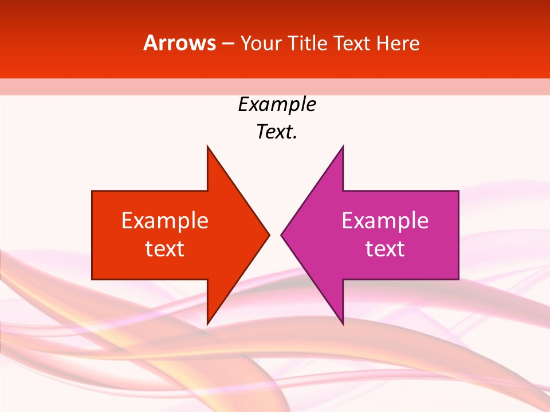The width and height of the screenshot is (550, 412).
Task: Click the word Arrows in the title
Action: tap(179, 43)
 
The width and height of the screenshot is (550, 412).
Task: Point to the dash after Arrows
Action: tap(227, 43)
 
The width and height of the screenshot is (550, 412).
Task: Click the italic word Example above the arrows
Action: tap(277, 105)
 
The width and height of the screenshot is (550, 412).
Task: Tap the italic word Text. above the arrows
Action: tap(277, 132)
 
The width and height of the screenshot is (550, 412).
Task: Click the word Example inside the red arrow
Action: tap(165, 221)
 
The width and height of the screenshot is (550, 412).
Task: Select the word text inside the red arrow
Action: tap(165, 249)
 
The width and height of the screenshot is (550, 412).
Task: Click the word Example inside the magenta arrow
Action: tap(385, 221)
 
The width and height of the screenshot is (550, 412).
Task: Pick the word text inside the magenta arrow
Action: tap(385, 249)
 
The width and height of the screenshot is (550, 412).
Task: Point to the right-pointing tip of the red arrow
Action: tap(269, 235)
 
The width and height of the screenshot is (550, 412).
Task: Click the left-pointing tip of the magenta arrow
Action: tap(281, 235)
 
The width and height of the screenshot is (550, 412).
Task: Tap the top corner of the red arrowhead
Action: tap(207, 146)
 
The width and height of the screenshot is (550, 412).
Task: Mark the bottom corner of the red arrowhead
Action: tap(207, 324)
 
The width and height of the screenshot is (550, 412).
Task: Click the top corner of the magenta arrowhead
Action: tap(343, 146)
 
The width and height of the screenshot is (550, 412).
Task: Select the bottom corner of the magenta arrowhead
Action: tap(343, 324)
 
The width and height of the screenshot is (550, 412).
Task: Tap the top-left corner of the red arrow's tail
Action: tap(92, 191)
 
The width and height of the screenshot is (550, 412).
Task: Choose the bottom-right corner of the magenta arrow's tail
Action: tap(458, 279)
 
